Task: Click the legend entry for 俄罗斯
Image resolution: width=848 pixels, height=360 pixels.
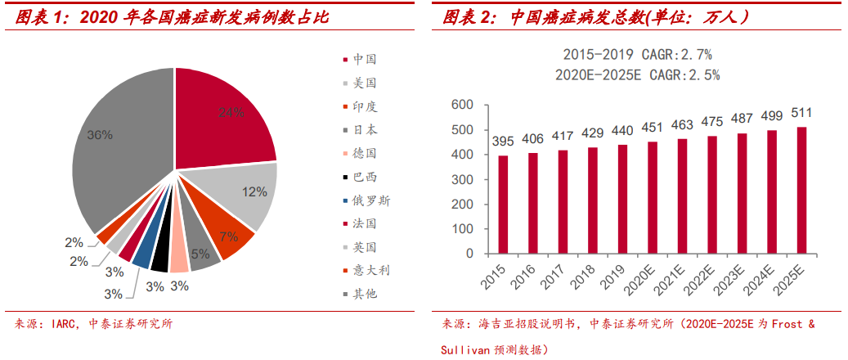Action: pos(370,200)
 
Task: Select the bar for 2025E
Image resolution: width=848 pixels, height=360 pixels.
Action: pos(778,190)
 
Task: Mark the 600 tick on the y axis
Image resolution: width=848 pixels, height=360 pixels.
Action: pos(464,105)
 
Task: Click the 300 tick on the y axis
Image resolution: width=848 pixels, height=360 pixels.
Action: pos(464,179)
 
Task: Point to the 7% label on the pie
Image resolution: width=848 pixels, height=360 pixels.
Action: pos(228,237)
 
